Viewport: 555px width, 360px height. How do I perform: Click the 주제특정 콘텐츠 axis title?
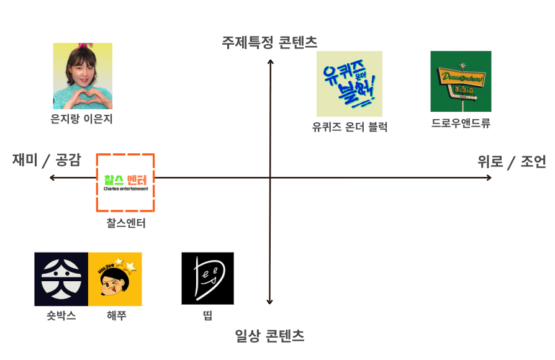[269, 42]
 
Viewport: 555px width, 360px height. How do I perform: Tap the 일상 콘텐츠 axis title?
[269, 336]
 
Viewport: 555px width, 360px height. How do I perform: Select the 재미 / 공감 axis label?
[47, 160]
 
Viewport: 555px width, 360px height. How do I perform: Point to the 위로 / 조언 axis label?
[512, 161]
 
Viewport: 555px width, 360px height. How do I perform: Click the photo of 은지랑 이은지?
[83, 76]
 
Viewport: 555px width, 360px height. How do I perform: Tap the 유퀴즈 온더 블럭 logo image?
[349, 84]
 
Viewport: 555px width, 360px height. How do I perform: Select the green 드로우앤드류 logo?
[461, 81]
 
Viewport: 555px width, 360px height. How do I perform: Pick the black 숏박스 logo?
[61, 279]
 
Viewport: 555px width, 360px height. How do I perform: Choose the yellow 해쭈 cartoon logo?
[115, 279]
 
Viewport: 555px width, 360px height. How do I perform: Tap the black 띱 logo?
[207, 278]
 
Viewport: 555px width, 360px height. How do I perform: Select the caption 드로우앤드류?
[461, 123]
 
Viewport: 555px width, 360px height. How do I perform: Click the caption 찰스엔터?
[126, 223]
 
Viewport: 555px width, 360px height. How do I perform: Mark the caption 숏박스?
[61, 315]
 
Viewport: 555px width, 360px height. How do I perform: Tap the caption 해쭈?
[116, 315]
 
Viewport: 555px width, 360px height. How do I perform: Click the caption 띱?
[207, 316]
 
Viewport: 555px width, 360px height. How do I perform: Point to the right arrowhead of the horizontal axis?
[489, 178]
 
